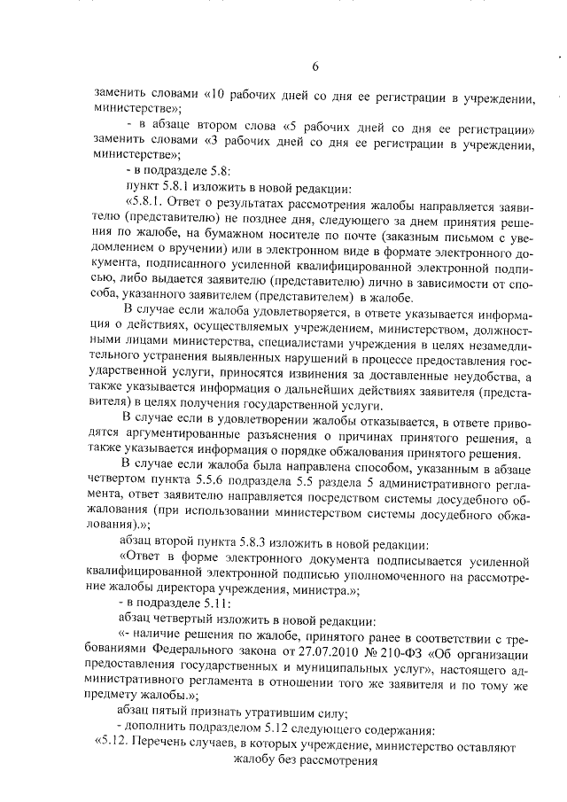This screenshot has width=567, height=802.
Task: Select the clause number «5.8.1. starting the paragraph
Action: tap(152, 202)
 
